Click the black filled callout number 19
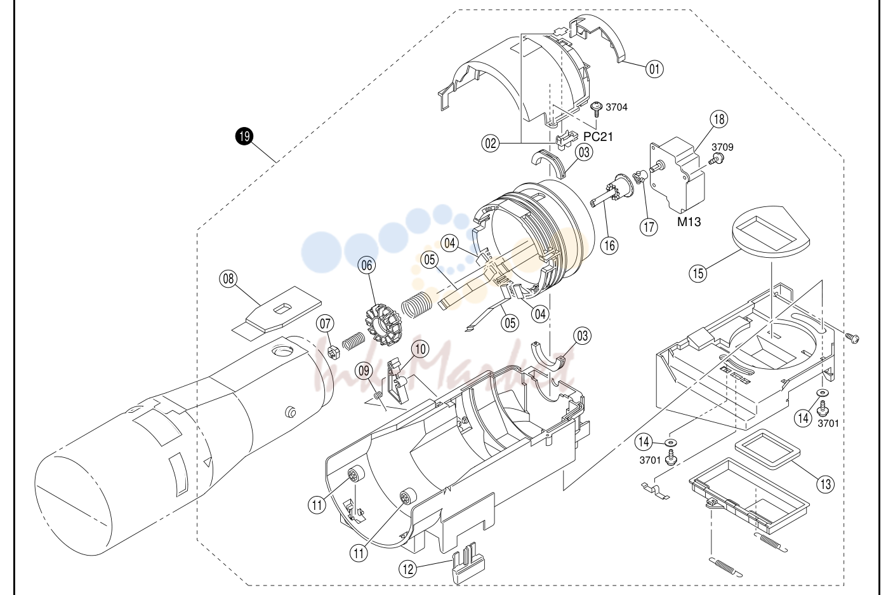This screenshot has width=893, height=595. (244, 137)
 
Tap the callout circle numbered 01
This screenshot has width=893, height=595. (654, 69)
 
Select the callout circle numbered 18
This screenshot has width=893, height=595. (719, 119)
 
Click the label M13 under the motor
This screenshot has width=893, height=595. (689, 222)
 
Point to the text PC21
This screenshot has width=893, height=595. (598, 137)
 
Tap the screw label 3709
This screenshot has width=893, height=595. (722, 147)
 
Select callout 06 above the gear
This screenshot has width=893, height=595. (367, 265)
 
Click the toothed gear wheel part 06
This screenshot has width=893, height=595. (383, 324)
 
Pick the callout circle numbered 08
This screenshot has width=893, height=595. (228, 278)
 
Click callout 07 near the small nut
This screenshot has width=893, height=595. (325, 323)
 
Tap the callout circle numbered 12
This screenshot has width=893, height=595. (408, 569)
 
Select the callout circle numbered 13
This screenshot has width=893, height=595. (825, 484)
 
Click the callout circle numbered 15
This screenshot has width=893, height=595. (698, 273)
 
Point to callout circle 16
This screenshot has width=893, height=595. (609, 245)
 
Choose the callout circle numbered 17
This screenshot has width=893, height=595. (649, 227)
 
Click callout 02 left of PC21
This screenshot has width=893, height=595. (491, 143)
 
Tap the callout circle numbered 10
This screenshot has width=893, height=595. (420, 349)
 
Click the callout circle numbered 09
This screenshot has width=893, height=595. (364, 371)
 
